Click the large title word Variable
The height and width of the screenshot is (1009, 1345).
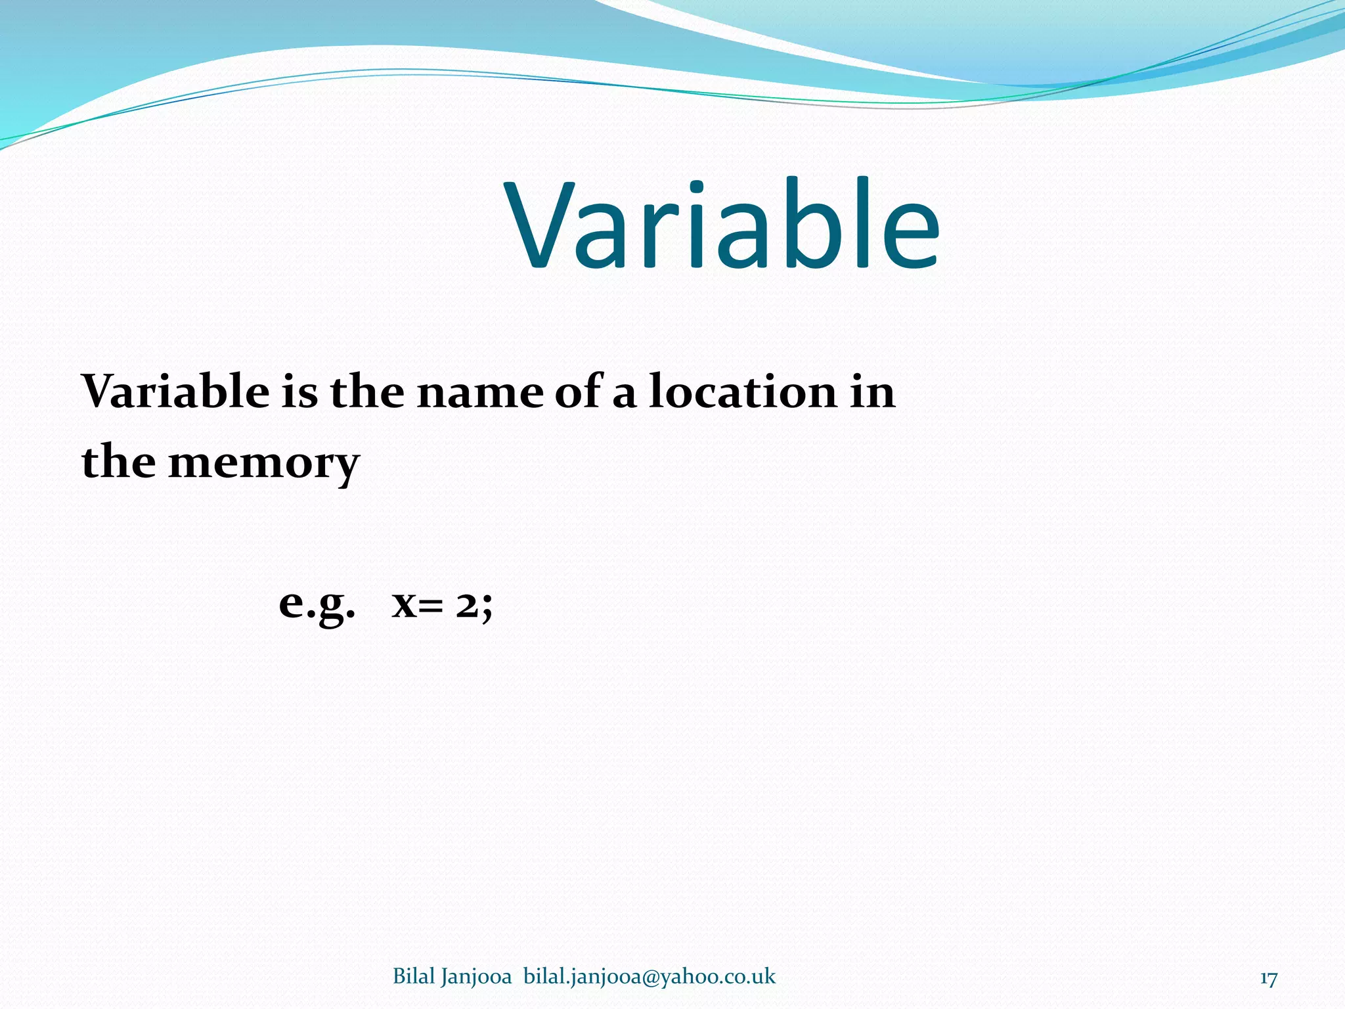point(722,227)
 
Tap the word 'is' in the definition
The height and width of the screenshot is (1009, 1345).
point(299,392)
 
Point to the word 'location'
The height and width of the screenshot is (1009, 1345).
point(743,392)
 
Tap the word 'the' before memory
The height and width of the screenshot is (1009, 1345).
point(118,461)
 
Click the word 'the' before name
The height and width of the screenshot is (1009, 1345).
point(366,392)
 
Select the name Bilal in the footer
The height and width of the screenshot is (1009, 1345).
point(414,977)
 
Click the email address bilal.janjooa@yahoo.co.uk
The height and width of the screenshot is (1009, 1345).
point(649,977)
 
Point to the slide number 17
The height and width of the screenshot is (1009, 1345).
point(1268,979)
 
